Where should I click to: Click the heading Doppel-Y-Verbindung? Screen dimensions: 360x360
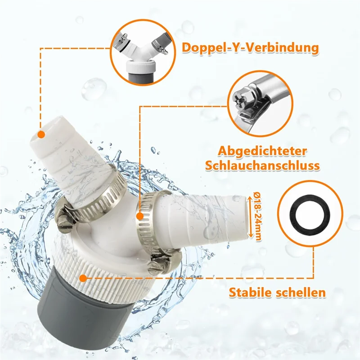(251, 48)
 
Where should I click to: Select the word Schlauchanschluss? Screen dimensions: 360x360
(262, 165)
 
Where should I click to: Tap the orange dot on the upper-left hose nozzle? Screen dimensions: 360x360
(40, 134)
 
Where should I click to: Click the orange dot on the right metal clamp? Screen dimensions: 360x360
(140, 216)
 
